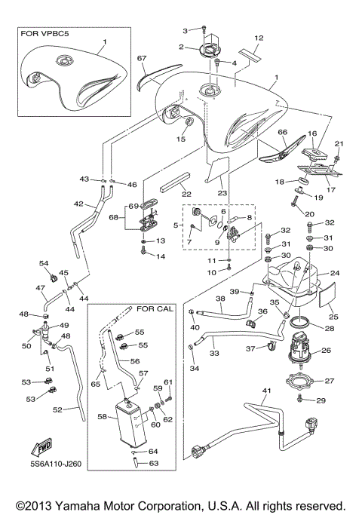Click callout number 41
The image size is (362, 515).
tap(265, 392)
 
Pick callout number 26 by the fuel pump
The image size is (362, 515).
tap(327, 350)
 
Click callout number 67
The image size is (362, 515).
tap(141, 58)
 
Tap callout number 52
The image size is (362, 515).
tap(57, 409)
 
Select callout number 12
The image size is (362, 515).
tap(259, 37)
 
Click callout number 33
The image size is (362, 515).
tap(214, 351)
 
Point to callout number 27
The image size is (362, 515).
tap(329, 381)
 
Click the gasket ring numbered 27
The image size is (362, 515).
tap(301, 382)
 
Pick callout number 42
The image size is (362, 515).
tap(78, 204)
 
